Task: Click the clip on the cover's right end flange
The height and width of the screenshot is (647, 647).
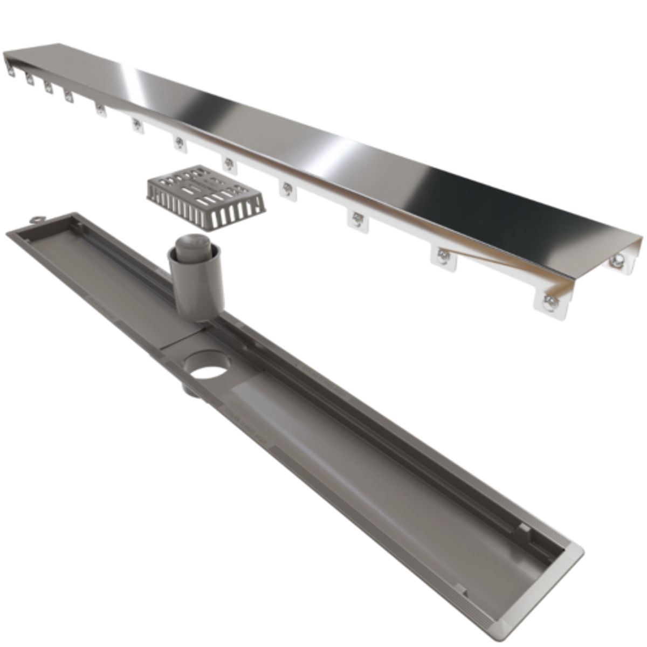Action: pyautogui.click(x=617, y=260)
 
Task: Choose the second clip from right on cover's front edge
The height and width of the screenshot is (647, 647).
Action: pyautogui.click(x=443, y=255)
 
